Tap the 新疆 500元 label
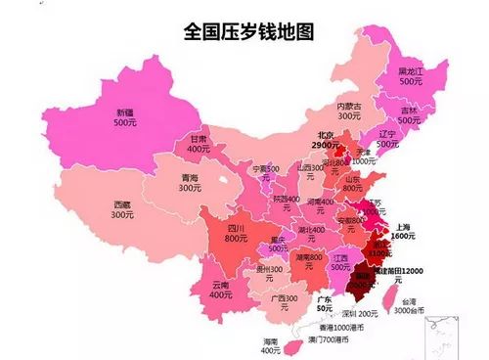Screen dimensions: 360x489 (x=124, y=117)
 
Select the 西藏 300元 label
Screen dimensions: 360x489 (x=121, y=208)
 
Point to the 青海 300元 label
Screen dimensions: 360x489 (x=191, y=185)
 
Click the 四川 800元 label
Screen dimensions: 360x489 (x=235, y=232)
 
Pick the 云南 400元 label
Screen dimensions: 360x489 (x=222, y=289)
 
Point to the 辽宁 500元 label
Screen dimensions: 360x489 (x=388, y=138)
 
